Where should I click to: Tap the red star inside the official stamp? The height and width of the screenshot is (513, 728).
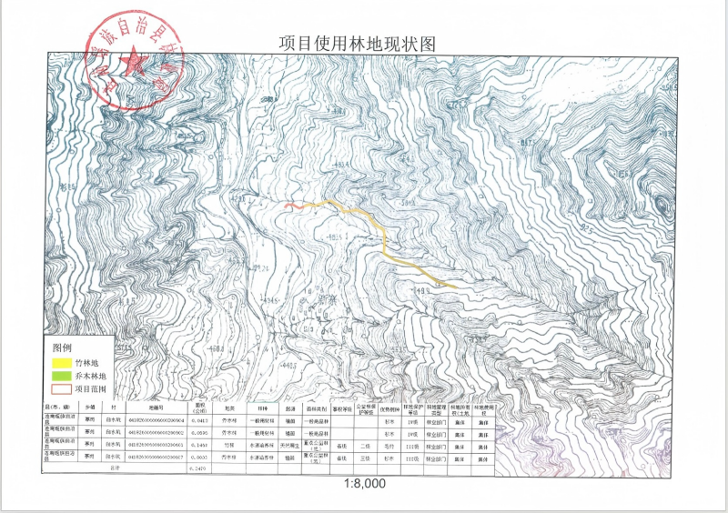tap(134, 65)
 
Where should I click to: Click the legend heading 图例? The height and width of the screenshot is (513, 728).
tap(62, 348)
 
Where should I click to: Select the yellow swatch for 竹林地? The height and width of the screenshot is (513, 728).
tap(61, 363)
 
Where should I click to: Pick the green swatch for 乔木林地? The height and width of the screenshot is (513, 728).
tap(61, 376)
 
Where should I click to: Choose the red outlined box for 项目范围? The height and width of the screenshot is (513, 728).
tap(61, 388)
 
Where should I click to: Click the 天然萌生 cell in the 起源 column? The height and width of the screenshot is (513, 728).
tap(288, 446)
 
